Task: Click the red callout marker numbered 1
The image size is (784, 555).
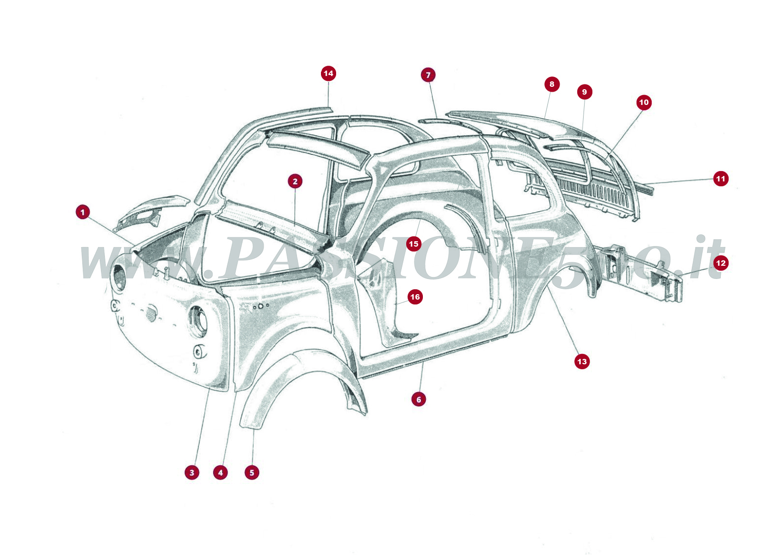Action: tap(83, 212)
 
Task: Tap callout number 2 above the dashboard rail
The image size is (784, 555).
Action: tap(295, 181)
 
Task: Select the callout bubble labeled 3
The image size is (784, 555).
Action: tap(192, 473)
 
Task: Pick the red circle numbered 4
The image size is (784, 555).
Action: tap(220, 473)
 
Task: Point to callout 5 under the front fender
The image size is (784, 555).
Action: tap(252, 473)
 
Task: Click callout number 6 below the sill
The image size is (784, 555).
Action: tap(418, 399)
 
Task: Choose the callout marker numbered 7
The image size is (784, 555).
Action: tap(428, 75)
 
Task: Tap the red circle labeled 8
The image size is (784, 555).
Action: tap(552, 84)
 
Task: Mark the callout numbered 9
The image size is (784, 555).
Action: tap(584, 92)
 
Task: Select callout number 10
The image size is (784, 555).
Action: tap(644, 102)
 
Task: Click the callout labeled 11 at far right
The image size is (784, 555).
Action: tap(720, 178)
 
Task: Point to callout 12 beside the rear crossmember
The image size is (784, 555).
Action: tap(720, 263)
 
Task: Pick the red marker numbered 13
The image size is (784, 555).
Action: tap(582, 361)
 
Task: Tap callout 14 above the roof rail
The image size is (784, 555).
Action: tap(328, 74)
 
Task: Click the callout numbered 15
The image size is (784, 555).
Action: tap(414, 244)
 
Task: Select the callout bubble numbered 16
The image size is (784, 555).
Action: tap(415, 297)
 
